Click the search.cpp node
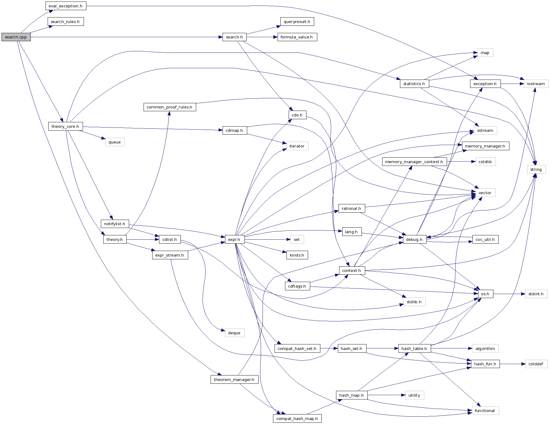[16, 37]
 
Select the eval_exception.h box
[65, 6]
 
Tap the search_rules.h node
[65, 22]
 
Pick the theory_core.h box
[65, 127]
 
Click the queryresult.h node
[297, 22]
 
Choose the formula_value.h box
[297, 37]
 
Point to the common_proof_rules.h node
[169, 107]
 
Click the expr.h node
[234, 240]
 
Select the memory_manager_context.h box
[414, 162]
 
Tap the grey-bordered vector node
[485, 193]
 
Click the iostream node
[536, 84]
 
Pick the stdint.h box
[536, 294]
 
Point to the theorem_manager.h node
[234, 380]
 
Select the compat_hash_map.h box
[297, 419]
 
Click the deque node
[234, 333]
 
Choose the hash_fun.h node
[485, 364]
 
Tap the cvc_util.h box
[485, 240]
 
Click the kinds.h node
[297, 255]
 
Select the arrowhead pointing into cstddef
[523, 364]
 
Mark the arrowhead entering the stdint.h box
[523, 294]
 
